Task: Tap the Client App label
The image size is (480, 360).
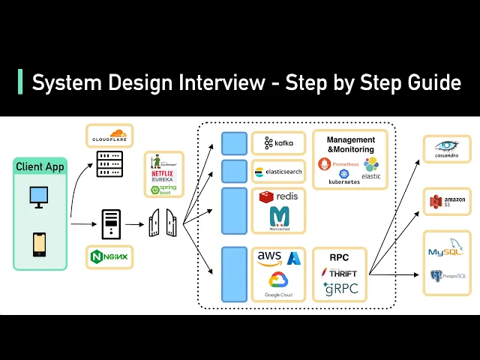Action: pyautogui.click(x=40, y=166)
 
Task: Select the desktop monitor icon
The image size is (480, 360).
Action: pyautogui.click(x=40, y=197)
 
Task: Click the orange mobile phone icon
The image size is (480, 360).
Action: pyautogui.click(x=40, y=244)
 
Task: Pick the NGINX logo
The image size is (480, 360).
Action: pyautogui.click(x=109, y=257)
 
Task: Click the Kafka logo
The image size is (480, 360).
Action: pyautogui.click(x=278, y=142)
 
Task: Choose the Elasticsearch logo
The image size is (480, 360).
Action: pyautogui.click(x=278, y=171)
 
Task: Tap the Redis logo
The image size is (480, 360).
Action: pyautogui.click(x=278, y=197)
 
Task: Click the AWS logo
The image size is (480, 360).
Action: pyautogui.click(x=269, y=257)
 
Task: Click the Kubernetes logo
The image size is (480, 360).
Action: pyautogui.click(x=344, y=178)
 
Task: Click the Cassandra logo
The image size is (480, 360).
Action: pyautogui.click(x=447, y=149)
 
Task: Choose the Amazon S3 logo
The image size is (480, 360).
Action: pyautogui.click(x=447, y=201)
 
